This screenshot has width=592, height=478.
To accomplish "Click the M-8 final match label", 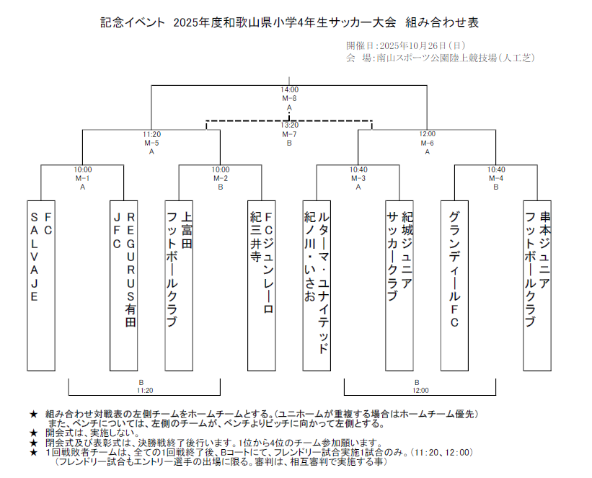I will [x=289, y=98].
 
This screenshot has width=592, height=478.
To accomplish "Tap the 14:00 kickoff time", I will [x=289, y=90].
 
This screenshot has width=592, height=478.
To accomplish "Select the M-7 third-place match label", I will [x=289, y=134].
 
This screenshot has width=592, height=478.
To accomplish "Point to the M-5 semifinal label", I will [x=151, y=143].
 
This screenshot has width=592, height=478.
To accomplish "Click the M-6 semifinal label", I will [x=428, y=143].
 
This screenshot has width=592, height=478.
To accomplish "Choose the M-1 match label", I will [x=83, y=178].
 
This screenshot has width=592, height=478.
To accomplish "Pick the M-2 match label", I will [x=221, y=178].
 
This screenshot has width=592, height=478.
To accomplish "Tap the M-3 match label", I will [x=358, y=178].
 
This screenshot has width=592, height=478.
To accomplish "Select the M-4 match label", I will [x=496, y=178].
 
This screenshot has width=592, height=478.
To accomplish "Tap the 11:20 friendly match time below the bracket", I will [x=144, y=390].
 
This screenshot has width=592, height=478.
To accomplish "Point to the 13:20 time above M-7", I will [x=289, y=125].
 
